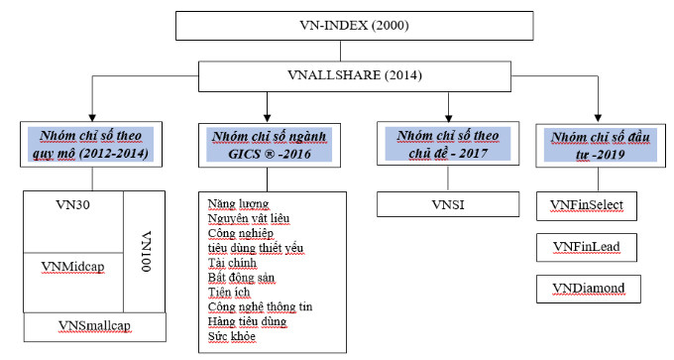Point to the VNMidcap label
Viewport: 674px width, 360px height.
(73, 266)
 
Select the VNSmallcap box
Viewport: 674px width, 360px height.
(95, 326)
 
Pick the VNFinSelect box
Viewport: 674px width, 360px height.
(594, 205)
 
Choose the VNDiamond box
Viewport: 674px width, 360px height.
(594, 289)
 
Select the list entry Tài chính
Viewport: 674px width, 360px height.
(232, 263)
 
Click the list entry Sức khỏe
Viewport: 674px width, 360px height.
(230, 337)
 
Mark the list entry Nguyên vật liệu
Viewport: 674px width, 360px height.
(249, 217)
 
